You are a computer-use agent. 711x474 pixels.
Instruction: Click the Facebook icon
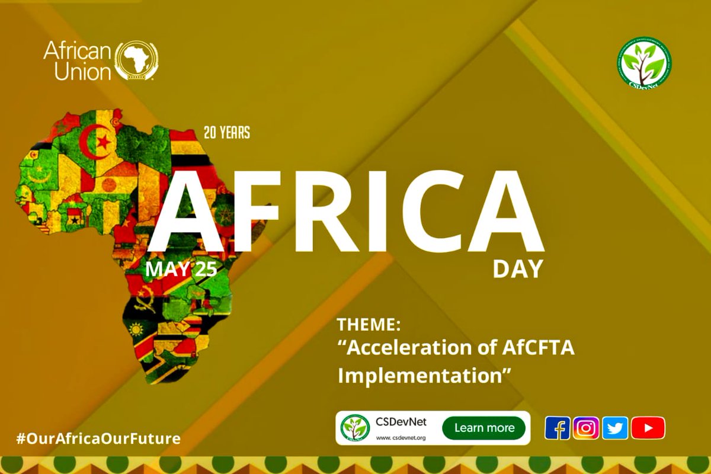point(558,428)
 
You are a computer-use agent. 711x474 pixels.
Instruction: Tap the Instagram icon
point(586,428)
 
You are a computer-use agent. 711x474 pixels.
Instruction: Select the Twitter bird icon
point(615,428)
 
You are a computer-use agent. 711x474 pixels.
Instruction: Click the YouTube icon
point(648,428)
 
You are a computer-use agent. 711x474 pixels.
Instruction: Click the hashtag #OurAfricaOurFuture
point(98,439)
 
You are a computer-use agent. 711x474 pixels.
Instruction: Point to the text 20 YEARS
point(226,133)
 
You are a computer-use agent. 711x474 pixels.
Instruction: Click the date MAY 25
point(181,269)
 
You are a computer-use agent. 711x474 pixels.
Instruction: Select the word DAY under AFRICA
point(517,269)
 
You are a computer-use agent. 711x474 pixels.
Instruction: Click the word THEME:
point(369,325)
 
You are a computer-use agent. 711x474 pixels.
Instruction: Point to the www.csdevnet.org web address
point(401,438)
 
